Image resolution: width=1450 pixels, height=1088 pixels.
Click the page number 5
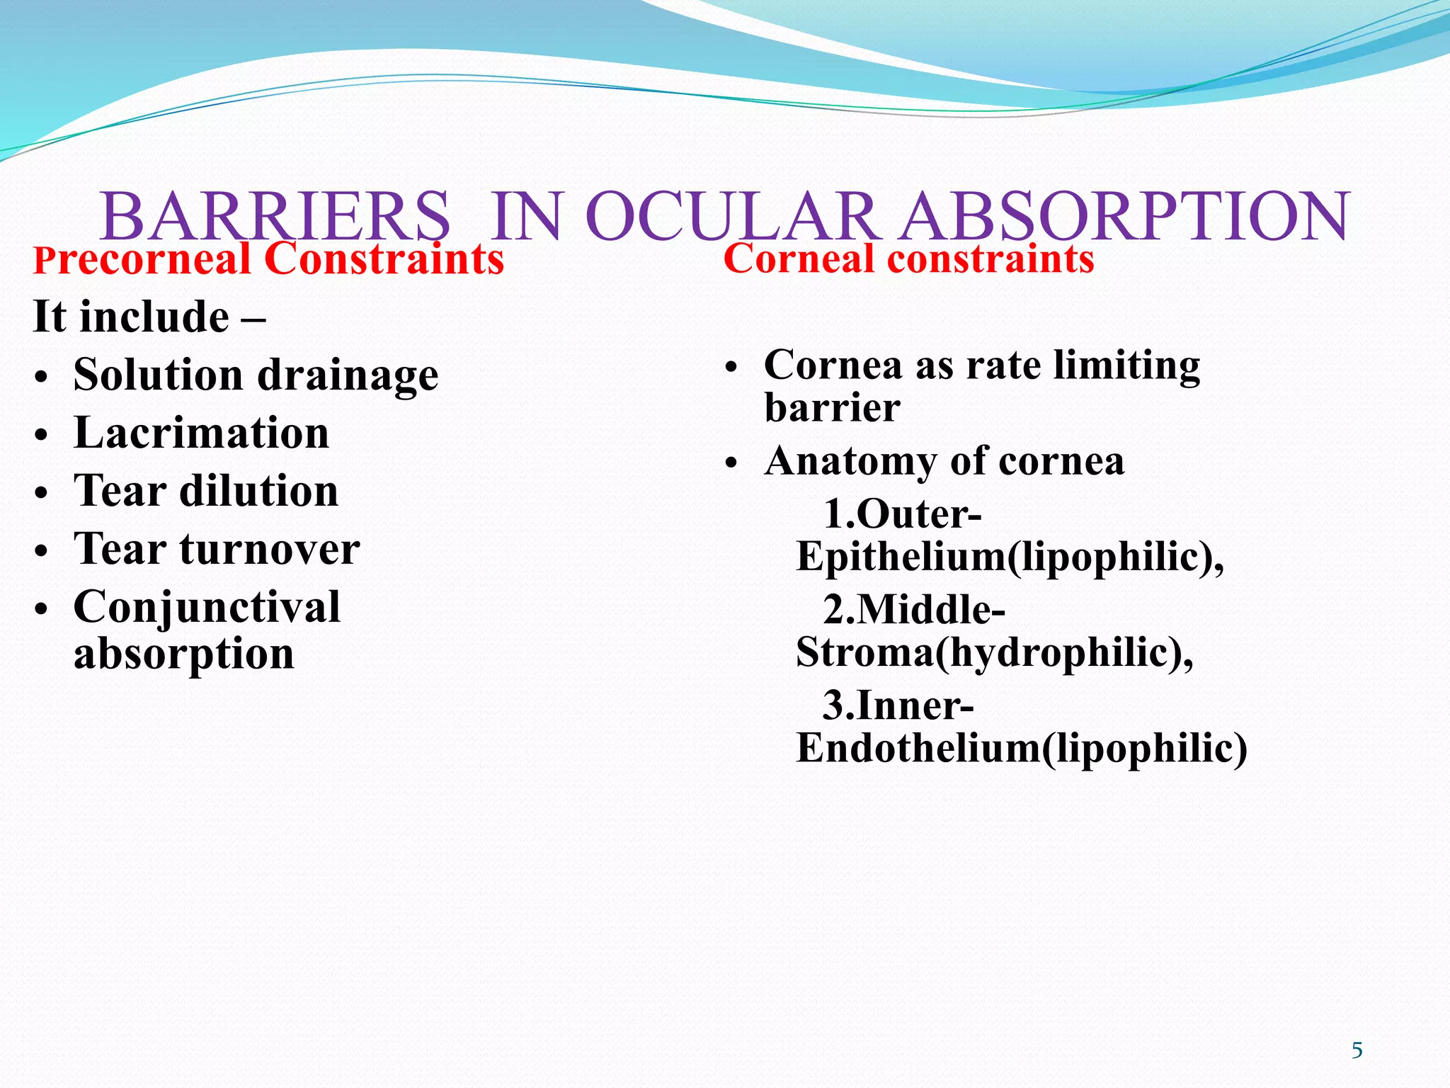(1357, 1050)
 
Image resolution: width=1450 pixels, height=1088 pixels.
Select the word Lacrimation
(202, 433)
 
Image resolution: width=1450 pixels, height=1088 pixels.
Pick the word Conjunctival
(207, 608)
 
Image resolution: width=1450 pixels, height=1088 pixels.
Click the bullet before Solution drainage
(42, 378)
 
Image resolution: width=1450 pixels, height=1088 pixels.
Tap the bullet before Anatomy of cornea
(731, 464)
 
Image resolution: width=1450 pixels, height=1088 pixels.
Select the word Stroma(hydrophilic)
(993, 652)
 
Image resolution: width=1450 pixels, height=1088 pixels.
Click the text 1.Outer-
(902, 514)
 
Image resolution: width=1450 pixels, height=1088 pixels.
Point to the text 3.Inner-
(898, 705)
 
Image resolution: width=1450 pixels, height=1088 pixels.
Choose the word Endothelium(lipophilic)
(1021, 748)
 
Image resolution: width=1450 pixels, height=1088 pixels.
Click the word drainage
(348, 375)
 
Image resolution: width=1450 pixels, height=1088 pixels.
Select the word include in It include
(154, 317)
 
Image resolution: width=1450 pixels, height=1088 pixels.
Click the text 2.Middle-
(913, 609)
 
